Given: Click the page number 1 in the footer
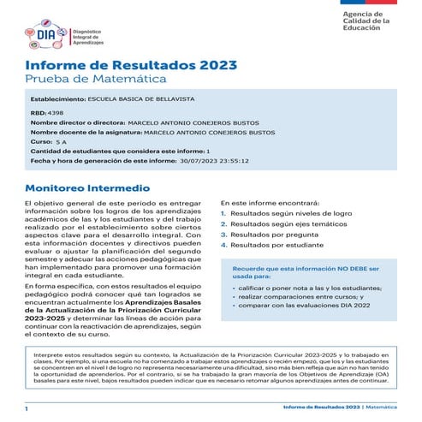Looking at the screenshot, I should pos(27,411).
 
